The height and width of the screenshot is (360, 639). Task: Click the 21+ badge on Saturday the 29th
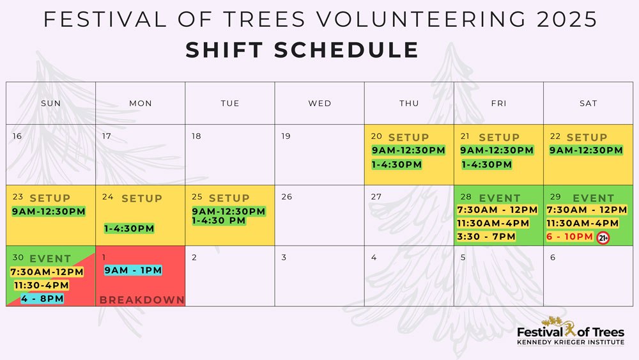603,238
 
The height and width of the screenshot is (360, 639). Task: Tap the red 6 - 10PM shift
569,237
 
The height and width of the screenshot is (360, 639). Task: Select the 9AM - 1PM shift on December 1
133,270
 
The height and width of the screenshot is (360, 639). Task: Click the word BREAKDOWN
141,300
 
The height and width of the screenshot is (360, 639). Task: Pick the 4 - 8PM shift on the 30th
42,299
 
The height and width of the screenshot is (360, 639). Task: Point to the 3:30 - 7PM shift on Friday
486,237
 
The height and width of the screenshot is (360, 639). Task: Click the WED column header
319,104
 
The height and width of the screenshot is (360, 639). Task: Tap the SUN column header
50,104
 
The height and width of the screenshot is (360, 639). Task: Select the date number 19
286,136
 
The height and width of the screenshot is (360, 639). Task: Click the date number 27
376,197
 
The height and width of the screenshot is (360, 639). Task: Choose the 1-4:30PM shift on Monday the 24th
129,228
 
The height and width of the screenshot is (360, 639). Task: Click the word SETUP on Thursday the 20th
408,137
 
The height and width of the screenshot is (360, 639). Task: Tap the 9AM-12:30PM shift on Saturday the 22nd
585,150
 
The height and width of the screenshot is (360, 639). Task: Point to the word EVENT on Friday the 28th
499,198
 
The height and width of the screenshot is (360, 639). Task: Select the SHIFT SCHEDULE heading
302,50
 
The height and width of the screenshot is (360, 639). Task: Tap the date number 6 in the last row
553,258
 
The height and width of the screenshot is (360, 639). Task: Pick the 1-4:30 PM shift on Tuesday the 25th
227,221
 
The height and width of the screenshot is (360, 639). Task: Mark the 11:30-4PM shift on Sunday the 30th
42,285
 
